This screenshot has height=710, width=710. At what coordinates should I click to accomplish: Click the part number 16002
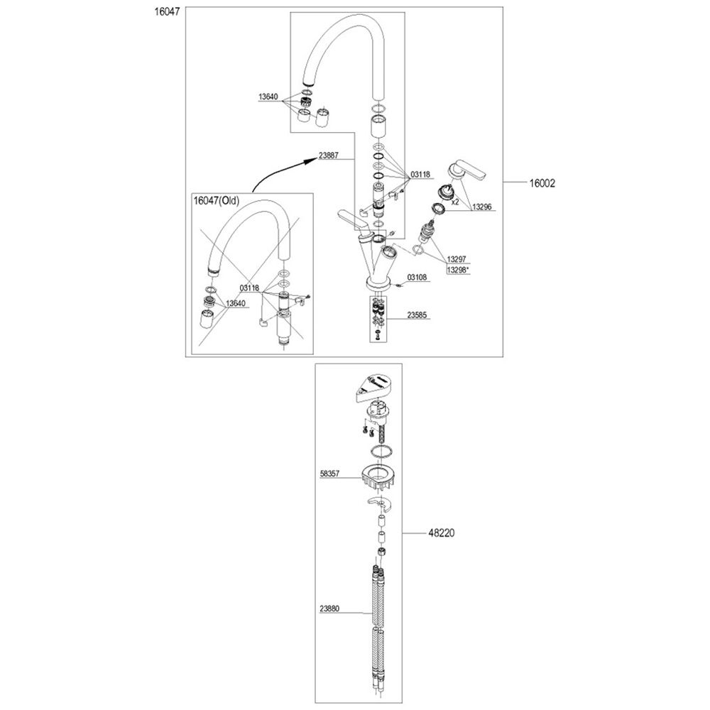pos(542,183)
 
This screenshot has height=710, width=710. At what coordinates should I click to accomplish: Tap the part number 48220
pos(442,533)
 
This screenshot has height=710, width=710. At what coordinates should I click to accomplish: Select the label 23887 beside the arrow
pos(328,155)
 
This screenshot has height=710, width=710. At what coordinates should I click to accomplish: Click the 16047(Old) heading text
pos(217,200)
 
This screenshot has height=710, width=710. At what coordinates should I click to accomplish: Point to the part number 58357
pos(329,474)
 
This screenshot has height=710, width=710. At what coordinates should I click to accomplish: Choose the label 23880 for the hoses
pos(329,608)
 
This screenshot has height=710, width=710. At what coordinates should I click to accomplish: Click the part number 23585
pos(417,315)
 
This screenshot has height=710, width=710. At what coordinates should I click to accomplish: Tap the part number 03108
pos(417,277)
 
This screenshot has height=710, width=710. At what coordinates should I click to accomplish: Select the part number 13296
pos(482,207)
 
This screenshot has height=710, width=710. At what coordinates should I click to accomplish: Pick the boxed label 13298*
pos(458,270)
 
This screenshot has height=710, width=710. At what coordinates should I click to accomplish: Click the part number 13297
pos(457,259)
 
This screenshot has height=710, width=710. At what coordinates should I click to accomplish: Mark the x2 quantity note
pos(455,202)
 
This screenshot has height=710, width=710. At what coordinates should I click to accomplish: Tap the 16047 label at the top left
pos(167,12)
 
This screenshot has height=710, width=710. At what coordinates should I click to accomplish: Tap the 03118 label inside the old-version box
pos(249,288)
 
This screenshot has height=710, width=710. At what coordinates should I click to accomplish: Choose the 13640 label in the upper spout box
pos(268,97)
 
